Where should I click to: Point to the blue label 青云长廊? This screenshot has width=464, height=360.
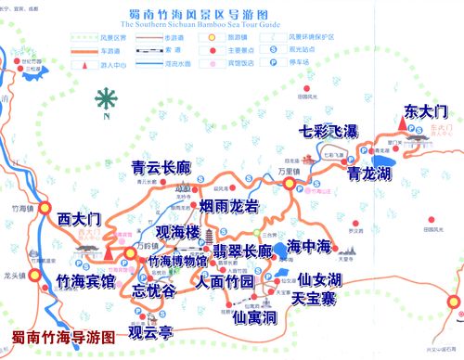tap(163, 168)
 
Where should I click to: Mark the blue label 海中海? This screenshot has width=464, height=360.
tap(308, 247)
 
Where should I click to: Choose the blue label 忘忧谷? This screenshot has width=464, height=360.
tap(154, 290)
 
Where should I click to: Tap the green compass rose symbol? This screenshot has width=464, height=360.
tap(110, 96)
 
